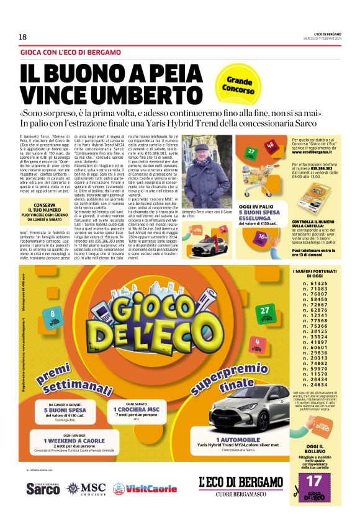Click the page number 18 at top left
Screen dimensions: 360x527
click(x=22, y=37)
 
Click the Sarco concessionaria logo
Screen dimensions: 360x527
click(x=43, y=489)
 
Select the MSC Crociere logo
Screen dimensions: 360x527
click(x=86, y=488)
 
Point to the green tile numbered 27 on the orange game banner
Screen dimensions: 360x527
click(x=264, y=312)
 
